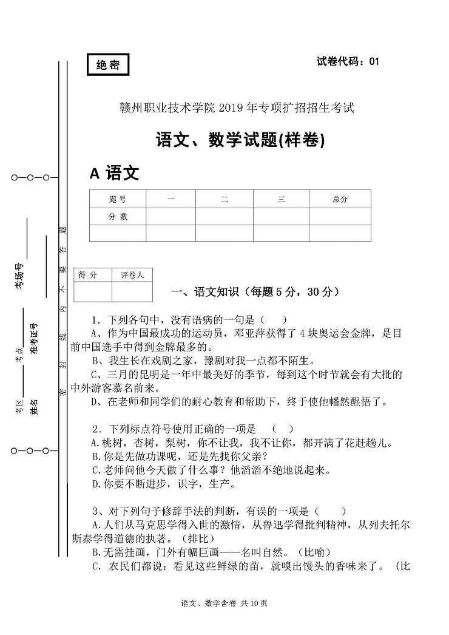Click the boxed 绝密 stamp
coord(108,66)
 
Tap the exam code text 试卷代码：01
coord(348,61)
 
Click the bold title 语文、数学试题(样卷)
coord(240,140)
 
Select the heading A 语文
coord(114,174)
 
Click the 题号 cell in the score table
coord(118,199)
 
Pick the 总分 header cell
coord(340,199)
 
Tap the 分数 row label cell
coord(118,216)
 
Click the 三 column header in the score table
coord(281,199)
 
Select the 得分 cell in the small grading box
coord(88,275)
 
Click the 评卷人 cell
coord(132,275)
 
